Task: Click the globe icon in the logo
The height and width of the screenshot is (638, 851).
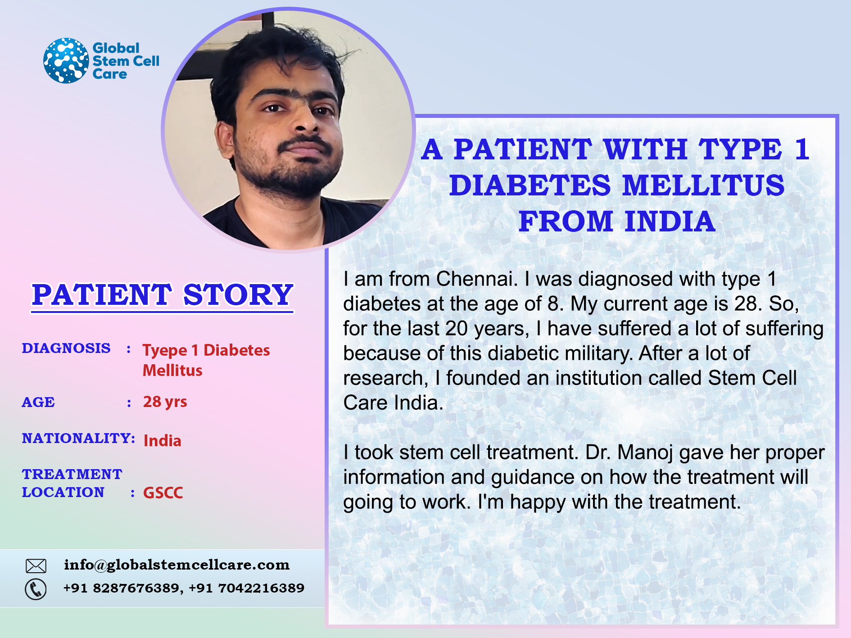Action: [66, 60]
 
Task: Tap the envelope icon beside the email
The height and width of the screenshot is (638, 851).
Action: [36, 566]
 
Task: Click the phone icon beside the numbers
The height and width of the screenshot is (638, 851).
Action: [36, 589]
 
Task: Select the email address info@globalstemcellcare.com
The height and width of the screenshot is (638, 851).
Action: [177, 565]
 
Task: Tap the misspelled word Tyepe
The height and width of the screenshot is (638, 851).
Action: [165, 351]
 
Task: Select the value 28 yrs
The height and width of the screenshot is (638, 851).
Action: [165, 402]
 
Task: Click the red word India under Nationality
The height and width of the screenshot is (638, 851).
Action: [162, 440]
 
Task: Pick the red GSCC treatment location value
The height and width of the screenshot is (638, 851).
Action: [163, 493]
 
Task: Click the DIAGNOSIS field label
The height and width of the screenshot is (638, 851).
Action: [66, 348]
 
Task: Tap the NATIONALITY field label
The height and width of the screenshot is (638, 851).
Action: [78, 438]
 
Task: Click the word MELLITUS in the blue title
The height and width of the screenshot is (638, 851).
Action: [704, 186]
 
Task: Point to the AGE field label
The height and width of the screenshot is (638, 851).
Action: [38, 402]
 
